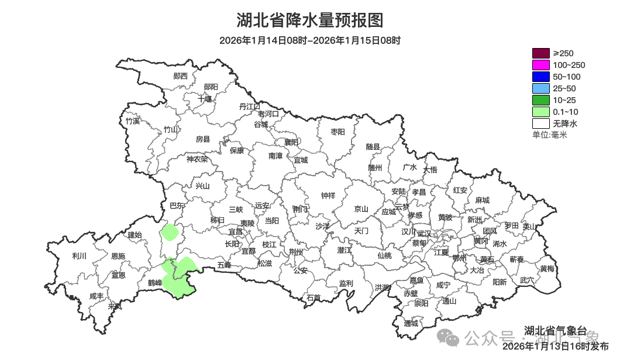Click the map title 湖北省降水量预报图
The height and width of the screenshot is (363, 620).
[310, 20]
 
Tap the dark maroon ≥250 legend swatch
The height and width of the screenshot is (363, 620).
[540, 53]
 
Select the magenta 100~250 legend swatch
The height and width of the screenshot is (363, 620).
[540, 65]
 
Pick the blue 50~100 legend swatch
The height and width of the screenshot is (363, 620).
[540, 77]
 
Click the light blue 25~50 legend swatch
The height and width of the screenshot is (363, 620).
[540, 88]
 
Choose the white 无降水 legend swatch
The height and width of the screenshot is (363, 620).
[540, 124]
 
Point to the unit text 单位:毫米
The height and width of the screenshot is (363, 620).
[549, 135]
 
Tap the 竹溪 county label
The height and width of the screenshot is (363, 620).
[133, 121]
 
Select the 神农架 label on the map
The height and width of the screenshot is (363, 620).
[197, 159]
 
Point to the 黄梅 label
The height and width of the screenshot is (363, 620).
[547, 269]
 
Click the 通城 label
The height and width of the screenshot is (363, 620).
[411, 323]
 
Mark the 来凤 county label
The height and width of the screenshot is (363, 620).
[115, 306]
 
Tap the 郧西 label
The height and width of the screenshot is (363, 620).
[181, 76]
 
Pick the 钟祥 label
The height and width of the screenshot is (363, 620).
[328, 196]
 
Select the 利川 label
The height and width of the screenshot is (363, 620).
[79, 256]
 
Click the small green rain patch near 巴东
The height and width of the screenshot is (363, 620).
[170, 232]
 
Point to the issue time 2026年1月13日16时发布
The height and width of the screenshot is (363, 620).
[555, 347]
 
